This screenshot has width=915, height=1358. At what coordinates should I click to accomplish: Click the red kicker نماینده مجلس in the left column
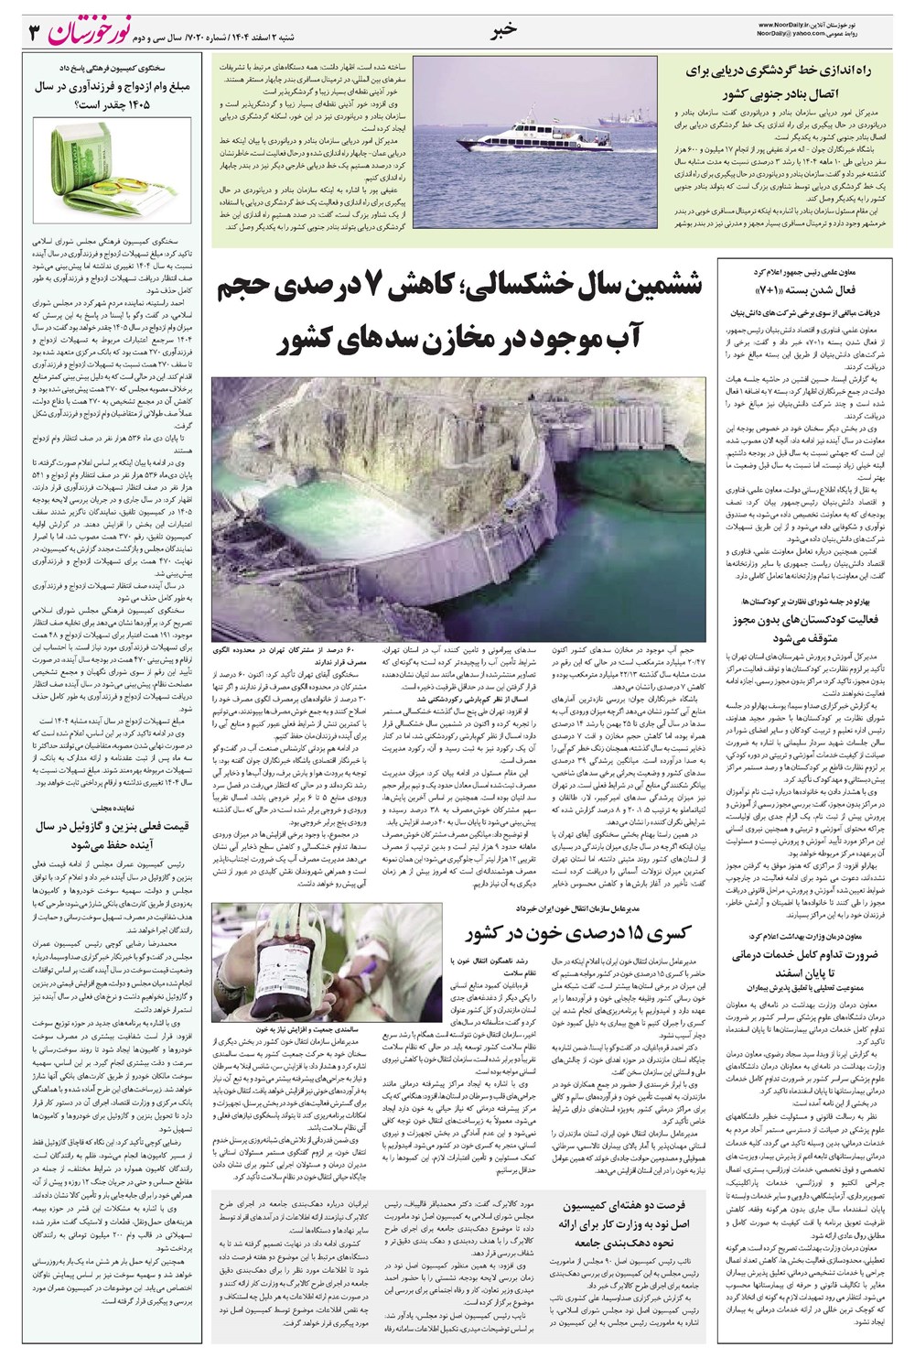tap(115, 809)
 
